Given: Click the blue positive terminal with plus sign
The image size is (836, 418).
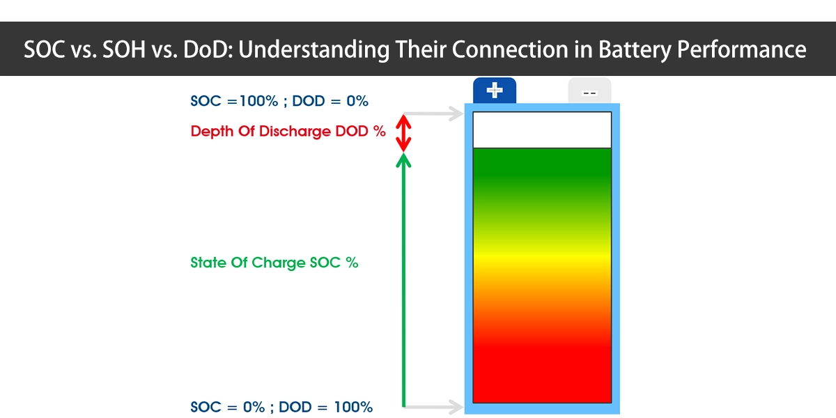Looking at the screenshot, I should [x=494, y=91].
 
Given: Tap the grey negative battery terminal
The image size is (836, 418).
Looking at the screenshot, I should [x=589, y=91].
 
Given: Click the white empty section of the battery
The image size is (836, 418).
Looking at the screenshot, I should [x=542, y=130].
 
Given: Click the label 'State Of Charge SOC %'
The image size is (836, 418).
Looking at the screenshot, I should [x=274, y=263].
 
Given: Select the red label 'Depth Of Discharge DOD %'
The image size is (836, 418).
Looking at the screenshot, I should [x=288, y=132].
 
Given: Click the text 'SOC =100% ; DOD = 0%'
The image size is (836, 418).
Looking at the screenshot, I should [x=279, y=101].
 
